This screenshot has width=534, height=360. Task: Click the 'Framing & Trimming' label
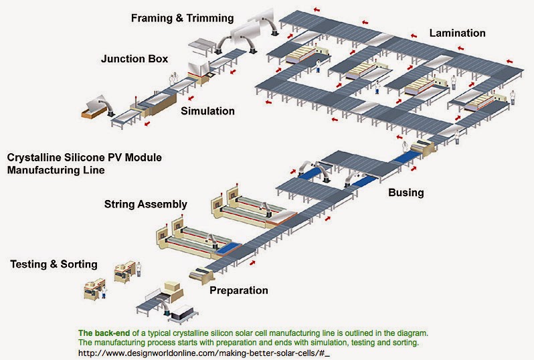pyautogui.click(x=183, y=17)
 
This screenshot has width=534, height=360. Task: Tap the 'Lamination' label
pyautogui.click(x=457, y=33)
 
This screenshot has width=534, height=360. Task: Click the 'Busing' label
pyautogui.click(x=406, y=193)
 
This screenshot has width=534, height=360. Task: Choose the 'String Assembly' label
pyautogui.click(x=145, y=203)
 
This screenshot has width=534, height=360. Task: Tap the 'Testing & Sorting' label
pyautogui.click(x=54, y=264)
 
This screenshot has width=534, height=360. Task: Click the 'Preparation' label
pyautogui.click(x=239, y=290)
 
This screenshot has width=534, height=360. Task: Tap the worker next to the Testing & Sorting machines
pyautogui.click(x=139, y=269)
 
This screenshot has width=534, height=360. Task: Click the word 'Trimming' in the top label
pyautogui.click(x=207, y=17)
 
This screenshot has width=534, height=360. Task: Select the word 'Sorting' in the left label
pyautogui.click(x=80, y=264)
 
